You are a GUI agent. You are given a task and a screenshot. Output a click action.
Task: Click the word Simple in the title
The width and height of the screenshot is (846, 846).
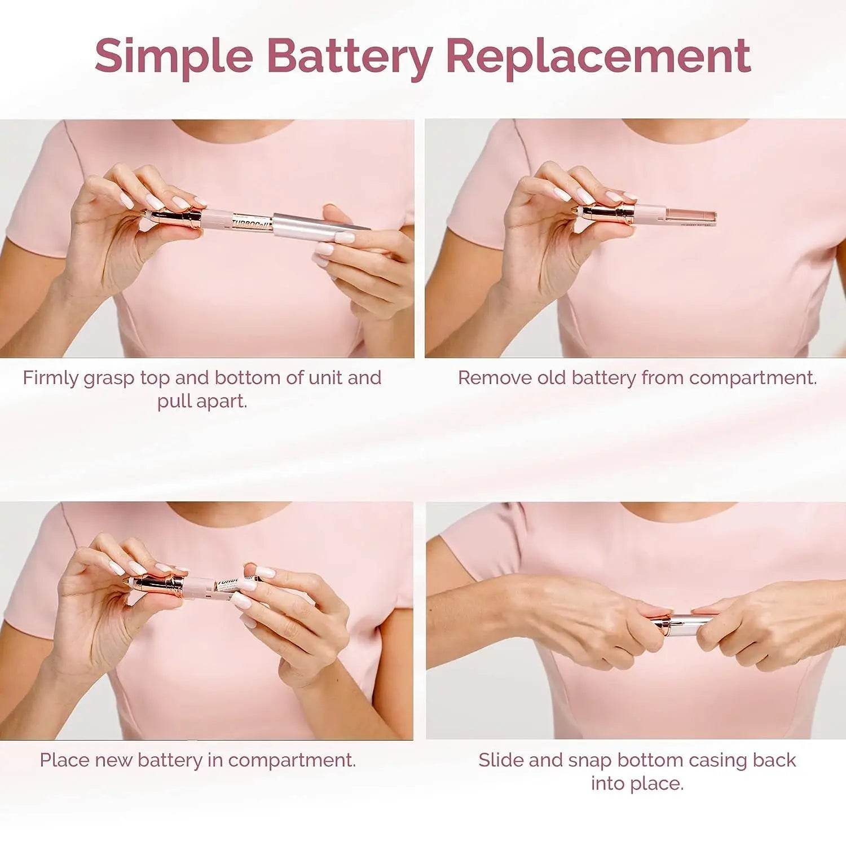click(x=174, y=56)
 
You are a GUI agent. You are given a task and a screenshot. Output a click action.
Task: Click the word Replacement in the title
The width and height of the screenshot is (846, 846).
click(x=598, y=56)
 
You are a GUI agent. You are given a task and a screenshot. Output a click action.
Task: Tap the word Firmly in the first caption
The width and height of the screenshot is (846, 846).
click(x=50, y=378)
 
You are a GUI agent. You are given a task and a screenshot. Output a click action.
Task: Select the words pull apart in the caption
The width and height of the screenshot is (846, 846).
click(x=202, y=402)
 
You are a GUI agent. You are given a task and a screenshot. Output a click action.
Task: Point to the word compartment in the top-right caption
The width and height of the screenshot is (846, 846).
click(x=752, y=378)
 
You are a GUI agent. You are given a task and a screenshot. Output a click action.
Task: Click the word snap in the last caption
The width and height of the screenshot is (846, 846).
click(x=589, y=760)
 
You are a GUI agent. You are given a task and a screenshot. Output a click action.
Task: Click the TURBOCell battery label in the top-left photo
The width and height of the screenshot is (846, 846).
click(x=252, y=221)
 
